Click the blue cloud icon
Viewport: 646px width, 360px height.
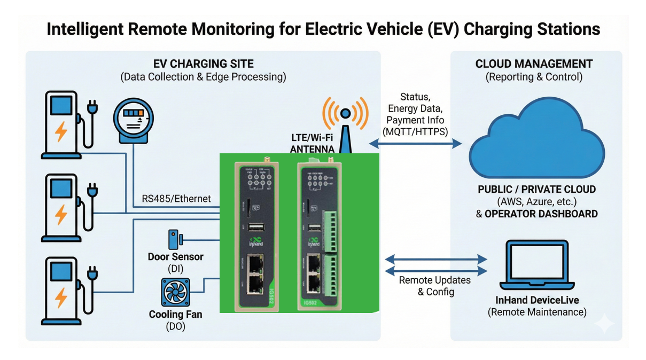click(536, 143)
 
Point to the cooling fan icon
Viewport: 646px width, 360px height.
click(175, 293)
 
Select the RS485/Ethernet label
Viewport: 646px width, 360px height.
click(176, 199)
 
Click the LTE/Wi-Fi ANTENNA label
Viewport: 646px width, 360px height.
click(312, 144)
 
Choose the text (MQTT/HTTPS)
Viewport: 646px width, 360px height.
click(415, 131)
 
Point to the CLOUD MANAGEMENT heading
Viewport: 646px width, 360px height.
click(534, 64)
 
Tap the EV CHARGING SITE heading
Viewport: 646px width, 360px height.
click(203, 64)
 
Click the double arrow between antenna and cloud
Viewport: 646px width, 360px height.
click(415, 143)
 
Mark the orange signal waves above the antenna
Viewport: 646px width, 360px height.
click(346, 113)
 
